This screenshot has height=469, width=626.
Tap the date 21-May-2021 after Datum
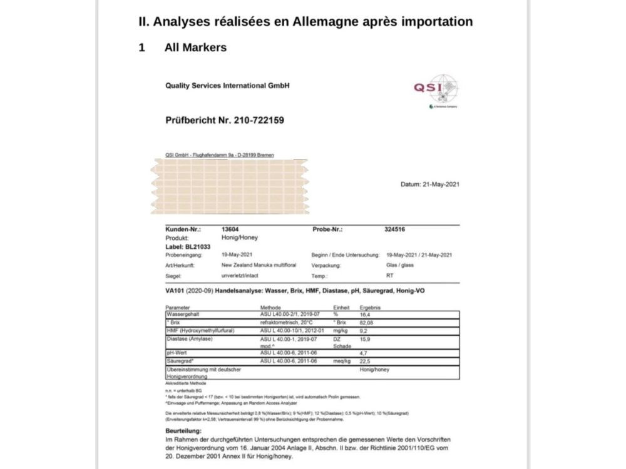click(439, 184)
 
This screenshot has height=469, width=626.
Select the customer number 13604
click(230, 229)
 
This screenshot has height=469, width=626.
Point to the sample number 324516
click(394, 229)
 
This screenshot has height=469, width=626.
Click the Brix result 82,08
click(366, 322)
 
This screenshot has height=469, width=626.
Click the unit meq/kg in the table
click(341, 361)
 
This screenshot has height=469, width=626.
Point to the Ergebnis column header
click(370, 308)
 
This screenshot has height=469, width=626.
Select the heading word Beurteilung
click(183, 431)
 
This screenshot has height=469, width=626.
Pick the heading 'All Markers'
click(195, 48)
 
